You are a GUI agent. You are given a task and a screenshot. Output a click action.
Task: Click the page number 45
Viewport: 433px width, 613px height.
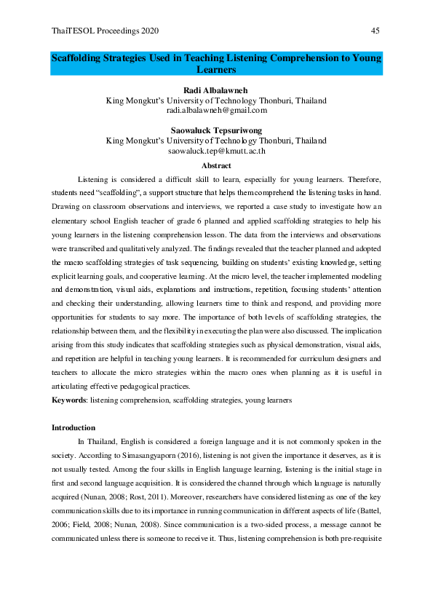[x=375, y=31]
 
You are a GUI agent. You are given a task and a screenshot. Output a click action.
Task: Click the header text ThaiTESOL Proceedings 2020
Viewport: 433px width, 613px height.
[x=106, y=31]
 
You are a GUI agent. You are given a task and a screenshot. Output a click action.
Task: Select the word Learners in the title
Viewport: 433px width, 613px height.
[x=216, y=69]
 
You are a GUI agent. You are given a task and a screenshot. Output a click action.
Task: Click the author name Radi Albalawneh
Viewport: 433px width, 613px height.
[x=216, y=90]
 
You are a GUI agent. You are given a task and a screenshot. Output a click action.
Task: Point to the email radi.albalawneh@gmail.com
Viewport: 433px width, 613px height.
[x=216, y=111]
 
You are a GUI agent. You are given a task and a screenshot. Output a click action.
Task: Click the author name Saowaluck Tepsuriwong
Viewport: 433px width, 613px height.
[x=216, y=131]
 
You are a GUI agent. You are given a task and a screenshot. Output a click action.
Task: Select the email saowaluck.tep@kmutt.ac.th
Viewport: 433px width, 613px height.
[x=216, y=151]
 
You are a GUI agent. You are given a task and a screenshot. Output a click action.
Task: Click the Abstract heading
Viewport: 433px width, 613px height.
[x=216, y=165]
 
